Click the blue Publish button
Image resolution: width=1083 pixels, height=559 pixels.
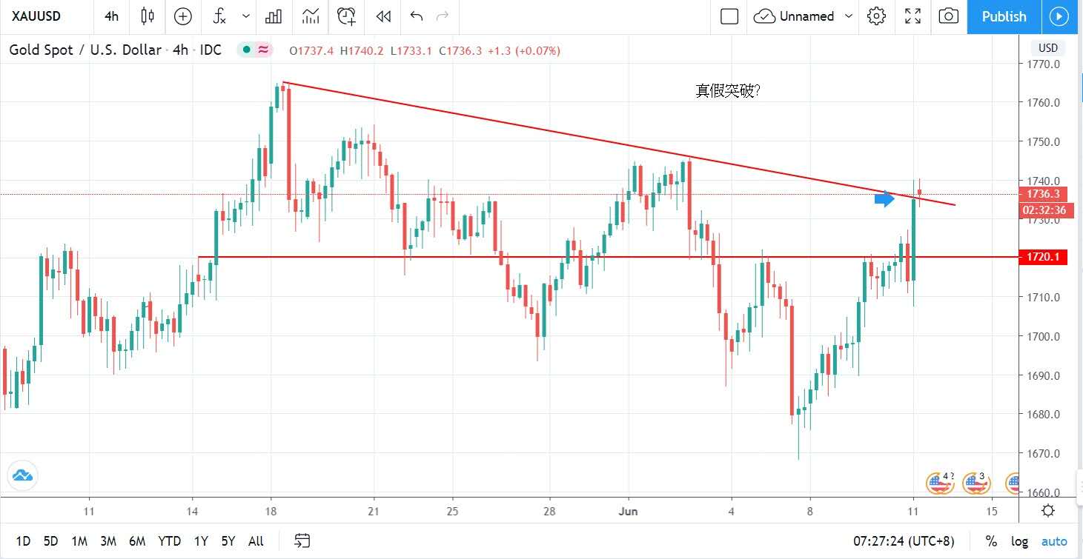coord(1004,16)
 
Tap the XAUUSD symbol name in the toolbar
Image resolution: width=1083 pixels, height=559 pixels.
coord(36,16)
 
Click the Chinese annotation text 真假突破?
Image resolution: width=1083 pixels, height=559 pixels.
coord(728,91)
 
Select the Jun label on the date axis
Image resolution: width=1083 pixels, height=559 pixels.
coord(628,512)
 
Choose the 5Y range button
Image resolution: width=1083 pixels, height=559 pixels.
coord(228,541)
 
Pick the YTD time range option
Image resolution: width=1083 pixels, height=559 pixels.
coord(169,541)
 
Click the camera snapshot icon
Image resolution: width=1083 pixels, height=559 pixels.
coord(948,16)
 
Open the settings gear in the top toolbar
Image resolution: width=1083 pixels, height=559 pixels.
coord(876,16)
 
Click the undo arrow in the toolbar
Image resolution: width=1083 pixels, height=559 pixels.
coord(416,16)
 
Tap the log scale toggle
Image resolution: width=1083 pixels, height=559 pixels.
coord(1019,541)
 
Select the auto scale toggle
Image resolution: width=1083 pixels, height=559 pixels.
coord(1054,541)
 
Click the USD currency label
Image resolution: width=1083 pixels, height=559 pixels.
coord(1047,48)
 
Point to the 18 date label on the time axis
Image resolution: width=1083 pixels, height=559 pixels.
coord(271,512)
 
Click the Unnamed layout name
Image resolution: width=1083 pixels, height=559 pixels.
coord(807,16)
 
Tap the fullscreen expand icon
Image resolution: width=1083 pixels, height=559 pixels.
coord(913,16)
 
